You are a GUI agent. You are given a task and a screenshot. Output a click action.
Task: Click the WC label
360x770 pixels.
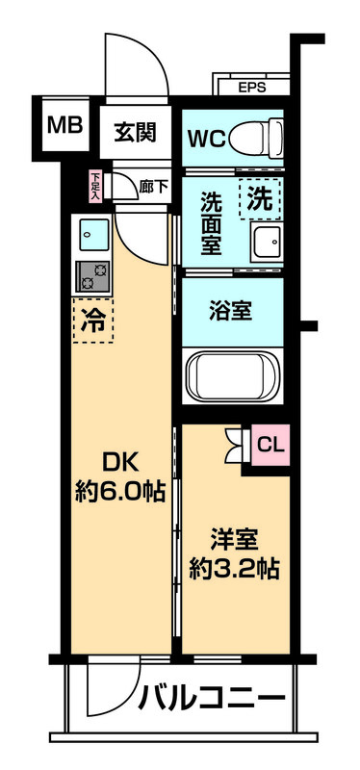[x=207, y=137]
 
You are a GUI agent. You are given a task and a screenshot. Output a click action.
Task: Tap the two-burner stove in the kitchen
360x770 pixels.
[x=93, y=275]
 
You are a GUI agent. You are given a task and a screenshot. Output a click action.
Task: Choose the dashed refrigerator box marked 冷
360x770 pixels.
[x=92, y=318]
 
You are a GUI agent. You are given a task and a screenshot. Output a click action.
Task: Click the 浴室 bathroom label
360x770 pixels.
[x=231, y=311]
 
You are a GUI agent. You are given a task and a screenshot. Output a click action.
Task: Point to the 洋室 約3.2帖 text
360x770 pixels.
[x=234, y=553]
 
